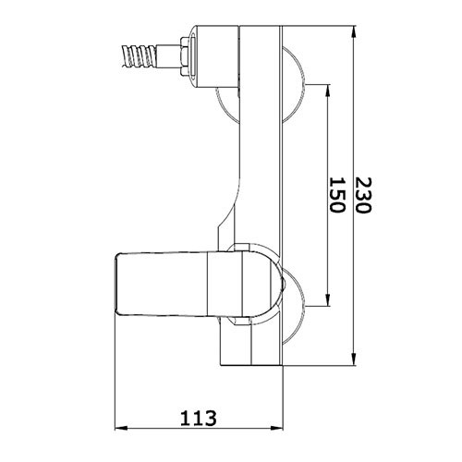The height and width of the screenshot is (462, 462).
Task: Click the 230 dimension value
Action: (x=363, y=195)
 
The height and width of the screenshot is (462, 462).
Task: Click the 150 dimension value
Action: (x=336, y=195)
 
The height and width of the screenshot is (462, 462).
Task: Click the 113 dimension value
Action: (x=199, y=418)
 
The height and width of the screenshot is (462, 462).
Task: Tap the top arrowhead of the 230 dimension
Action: (x=354, y=32)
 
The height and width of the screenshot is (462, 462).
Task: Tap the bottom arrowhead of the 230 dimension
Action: (x=354, y=359)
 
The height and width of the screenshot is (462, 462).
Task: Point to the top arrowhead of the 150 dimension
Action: (x=328, y=91)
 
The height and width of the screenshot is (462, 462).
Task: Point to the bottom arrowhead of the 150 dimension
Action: (x=328, y=299)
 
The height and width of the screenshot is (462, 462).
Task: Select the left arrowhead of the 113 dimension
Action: (x=121, y=428)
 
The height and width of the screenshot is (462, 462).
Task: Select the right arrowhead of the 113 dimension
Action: (x=276, y=428)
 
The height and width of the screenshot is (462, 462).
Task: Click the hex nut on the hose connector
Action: (x=184, y=56)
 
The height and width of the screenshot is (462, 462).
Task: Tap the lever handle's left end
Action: (x=117, y=284)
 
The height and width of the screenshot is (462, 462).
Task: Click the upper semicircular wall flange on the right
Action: (x=293, y=83)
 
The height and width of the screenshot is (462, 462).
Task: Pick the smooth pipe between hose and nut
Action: (x=168, y=56)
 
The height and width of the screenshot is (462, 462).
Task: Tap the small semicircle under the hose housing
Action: (x=228, y=104)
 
